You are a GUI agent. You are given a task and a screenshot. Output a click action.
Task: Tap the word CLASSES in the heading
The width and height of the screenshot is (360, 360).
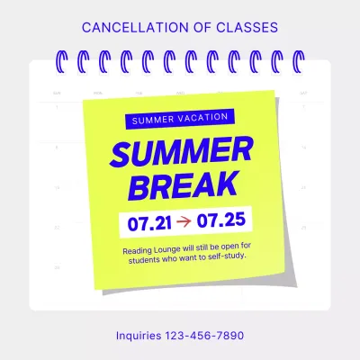(x=241, y=28)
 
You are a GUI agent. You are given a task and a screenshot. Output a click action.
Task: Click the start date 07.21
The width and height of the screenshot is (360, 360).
(x=147, y=219)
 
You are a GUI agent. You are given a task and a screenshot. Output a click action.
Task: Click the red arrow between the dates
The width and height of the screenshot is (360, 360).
(x=184, y=219)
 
